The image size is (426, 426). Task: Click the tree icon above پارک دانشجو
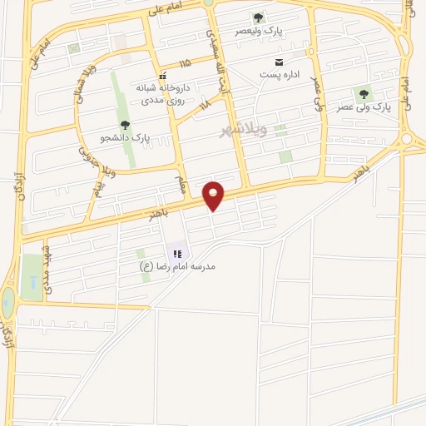(x=125, y=126)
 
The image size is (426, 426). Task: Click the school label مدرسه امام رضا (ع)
(x=178, y=266)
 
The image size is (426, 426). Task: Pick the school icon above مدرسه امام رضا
(x=177, y=252)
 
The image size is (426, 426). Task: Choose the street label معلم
(x=181, y=182)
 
